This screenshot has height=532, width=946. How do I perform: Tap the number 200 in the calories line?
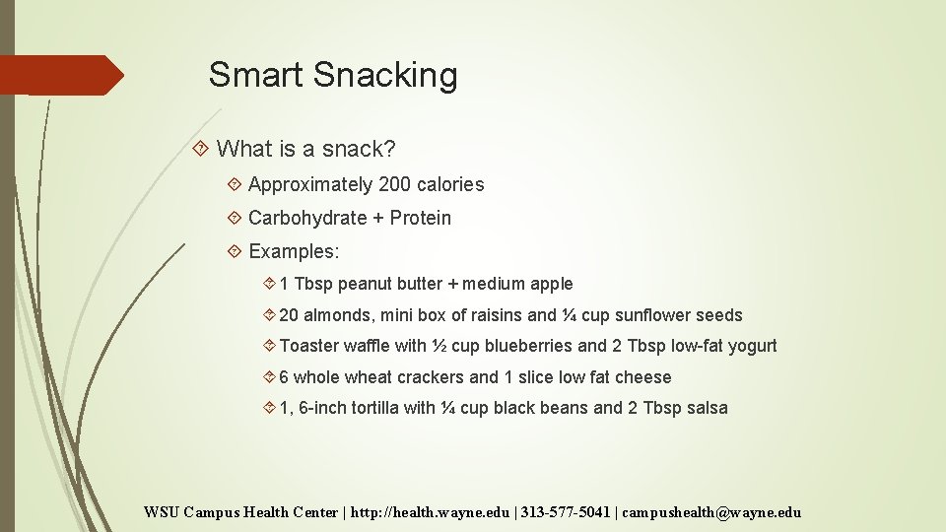pos(394,184)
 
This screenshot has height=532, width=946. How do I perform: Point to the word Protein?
pos(420,218)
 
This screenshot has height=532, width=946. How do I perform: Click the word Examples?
pos(293,251)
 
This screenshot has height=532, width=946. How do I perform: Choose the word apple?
pos(552,284)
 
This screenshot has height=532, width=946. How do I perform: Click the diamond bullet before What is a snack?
pos(201,149)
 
